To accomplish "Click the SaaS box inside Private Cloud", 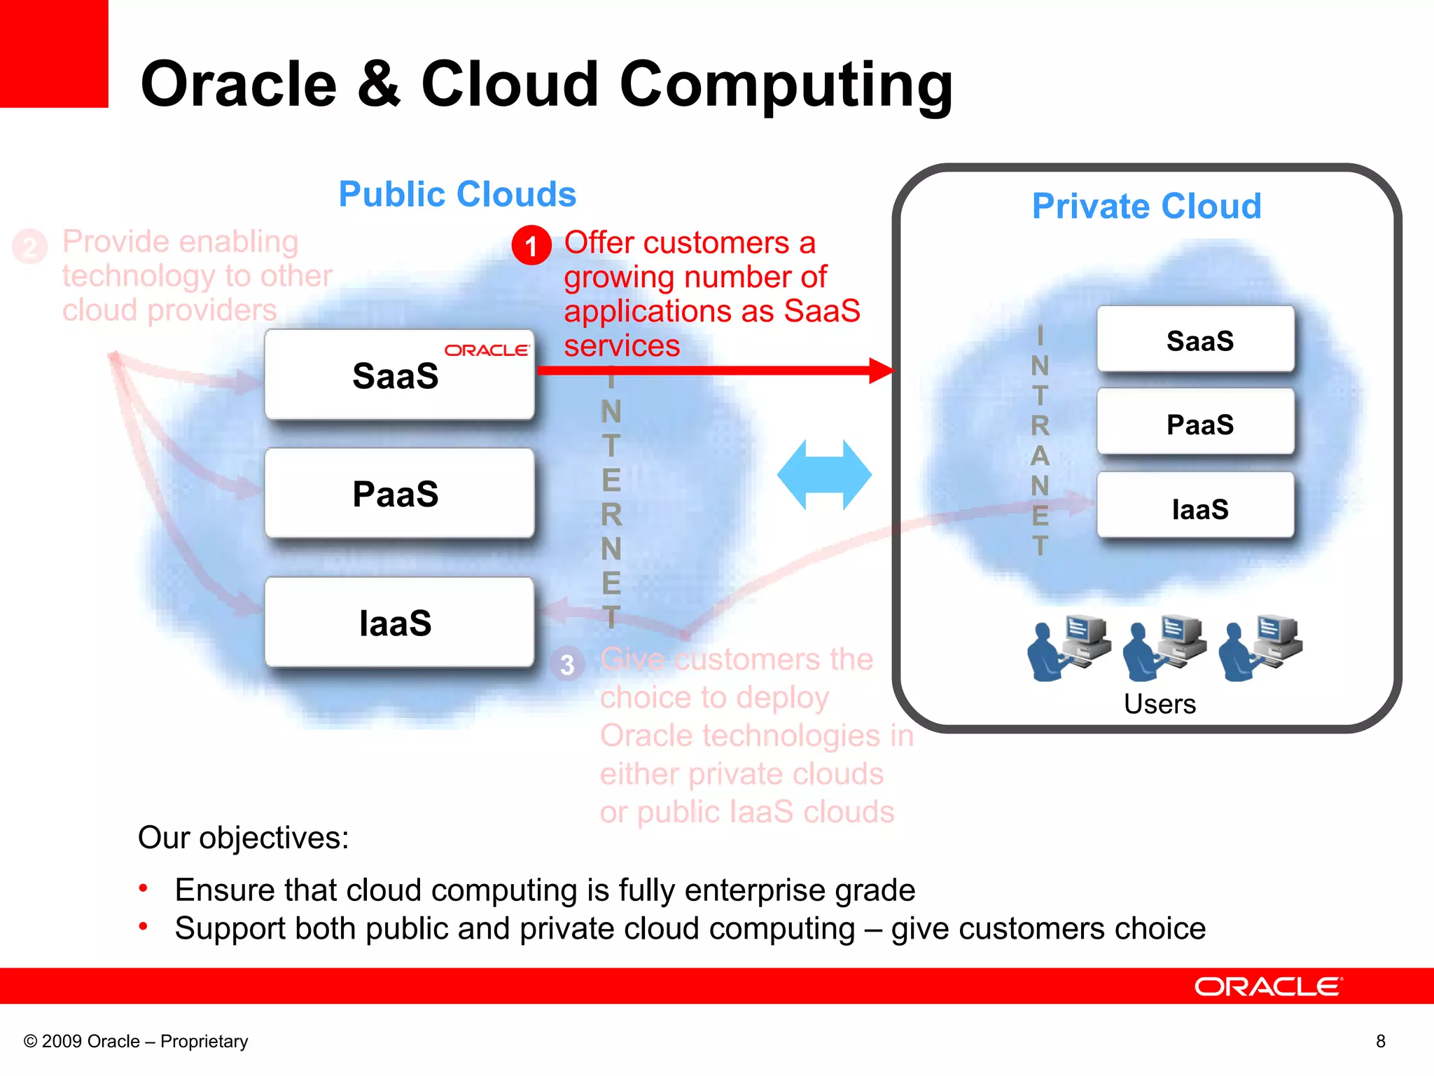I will click(1196, 340).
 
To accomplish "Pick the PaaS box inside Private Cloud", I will click(1196, 423).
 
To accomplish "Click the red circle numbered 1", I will click(531, 245).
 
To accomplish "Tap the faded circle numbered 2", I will click(29, 247).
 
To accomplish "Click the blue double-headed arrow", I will click(824, 475).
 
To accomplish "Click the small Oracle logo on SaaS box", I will click(487, 350).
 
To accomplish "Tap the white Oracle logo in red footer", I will click(1268, 987).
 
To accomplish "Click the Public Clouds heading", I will click(457, 194).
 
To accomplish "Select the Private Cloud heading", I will click(1146, 206).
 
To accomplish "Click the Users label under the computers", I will click(1160, 704).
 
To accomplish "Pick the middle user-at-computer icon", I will click(1164, 647).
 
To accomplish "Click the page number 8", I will click(1380, 1042).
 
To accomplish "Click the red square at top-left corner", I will click(53, 53).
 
